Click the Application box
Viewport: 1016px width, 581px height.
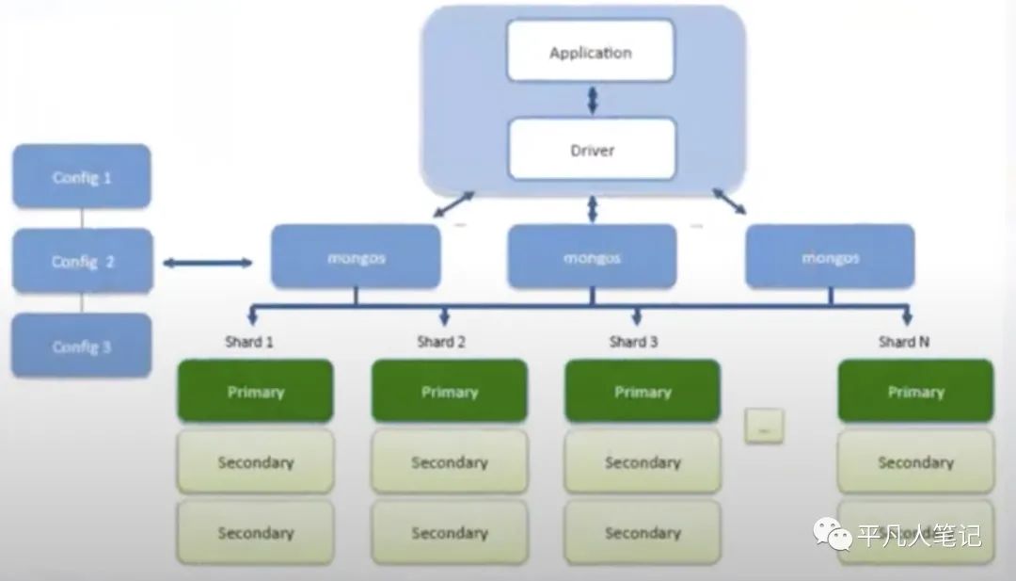point(591,52)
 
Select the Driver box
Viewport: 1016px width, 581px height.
point(592,149)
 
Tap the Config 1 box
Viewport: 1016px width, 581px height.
point(82,176)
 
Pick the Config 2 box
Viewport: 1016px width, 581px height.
point(82,261)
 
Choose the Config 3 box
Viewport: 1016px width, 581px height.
point(82,346)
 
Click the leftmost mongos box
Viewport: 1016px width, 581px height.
point(356,256)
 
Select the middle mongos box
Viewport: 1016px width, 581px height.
point(592,256)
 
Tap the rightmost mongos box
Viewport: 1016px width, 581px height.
point(830,256)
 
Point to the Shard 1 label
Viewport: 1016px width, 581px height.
point(249,342)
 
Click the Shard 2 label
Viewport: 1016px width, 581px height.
point(441,342)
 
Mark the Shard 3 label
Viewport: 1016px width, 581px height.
point(633,342)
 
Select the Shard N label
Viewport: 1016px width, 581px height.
point(904,342)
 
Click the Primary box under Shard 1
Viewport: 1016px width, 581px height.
point(255,391)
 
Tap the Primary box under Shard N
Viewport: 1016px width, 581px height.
point(915,391)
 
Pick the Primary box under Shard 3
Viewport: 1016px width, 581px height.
point(643,391)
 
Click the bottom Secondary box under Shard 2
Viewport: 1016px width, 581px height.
point(450,532)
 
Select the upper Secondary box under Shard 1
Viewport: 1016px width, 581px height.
point(255,461)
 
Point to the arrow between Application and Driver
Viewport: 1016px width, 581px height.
point(592,99)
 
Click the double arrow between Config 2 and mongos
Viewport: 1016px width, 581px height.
point(208,263)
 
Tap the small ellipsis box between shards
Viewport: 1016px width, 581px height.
point(764,427)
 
